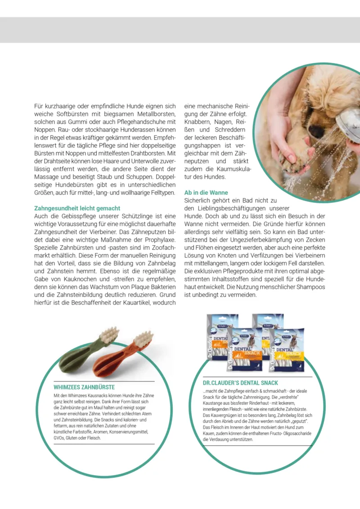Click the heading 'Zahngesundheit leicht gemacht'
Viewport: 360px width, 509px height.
(x=77, y=208)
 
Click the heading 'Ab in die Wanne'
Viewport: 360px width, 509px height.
(x=206, y=193)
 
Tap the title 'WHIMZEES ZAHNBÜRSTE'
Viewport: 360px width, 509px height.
(x=84, y=387)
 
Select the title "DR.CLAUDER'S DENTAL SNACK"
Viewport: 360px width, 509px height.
(x=241, y=383)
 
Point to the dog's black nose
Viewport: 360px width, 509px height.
(x=316, y=131)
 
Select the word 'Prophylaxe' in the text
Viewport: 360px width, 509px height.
(x=159, y=240)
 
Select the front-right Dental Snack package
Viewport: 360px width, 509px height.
(x=287, y=349)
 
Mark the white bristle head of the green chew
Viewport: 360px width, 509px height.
(x=109, y=335)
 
